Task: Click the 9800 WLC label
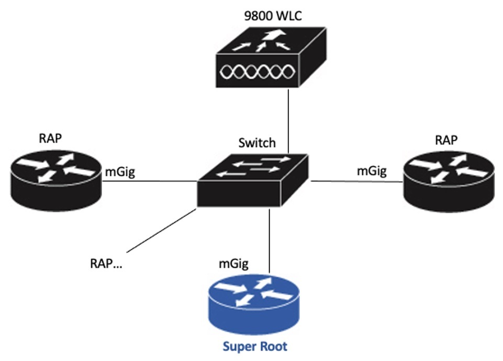coord(269,15)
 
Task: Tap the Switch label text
coord(256,143)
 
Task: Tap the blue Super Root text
coord(255,346)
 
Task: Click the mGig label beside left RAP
coord(121,172)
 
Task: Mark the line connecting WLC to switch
coord(288,120)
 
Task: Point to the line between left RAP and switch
coord(149,182)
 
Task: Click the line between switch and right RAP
coord(356,182)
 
